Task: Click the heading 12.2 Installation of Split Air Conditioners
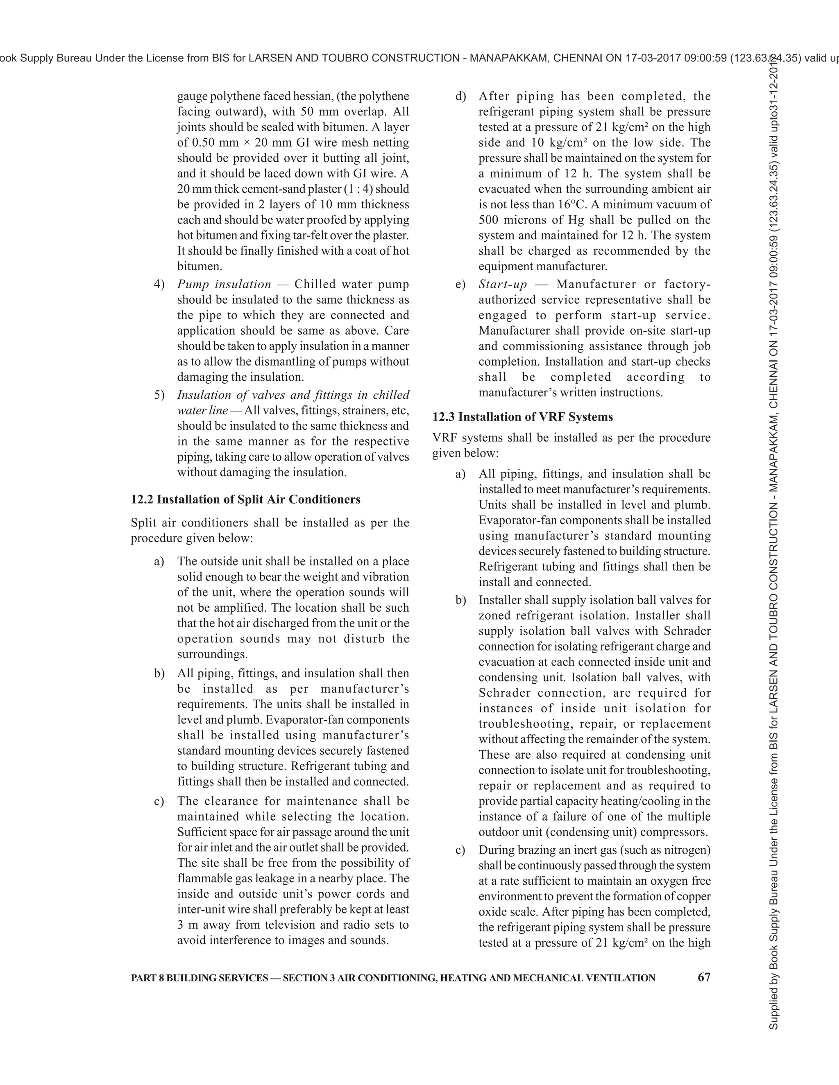pos(245,499)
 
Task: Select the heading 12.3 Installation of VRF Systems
pos(522,417)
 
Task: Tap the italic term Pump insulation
pos(224,284)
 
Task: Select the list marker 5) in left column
pos(159,395)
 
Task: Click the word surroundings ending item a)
pos(212,654)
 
